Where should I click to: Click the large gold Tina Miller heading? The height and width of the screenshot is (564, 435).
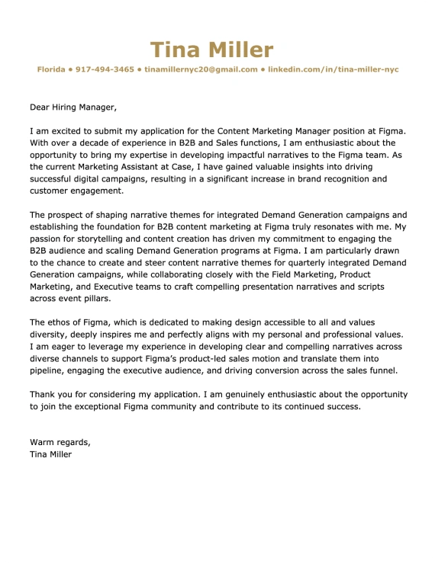(x=211, y=50)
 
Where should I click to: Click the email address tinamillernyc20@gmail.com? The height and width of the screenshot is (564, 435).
(x=200, y=69)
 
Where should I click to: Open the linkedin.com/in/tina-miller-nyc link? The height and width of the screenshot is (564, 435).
(x=333, y=69)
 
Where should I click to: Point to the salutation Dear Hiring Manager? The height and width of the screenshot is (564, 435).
(x=73, y=107)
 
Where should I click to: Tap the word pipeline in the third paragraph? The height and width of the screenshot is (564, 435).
(x=48, y=370)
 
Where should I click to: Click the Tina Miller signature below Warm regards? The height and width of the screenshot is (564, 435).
(x=50, y=454)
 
